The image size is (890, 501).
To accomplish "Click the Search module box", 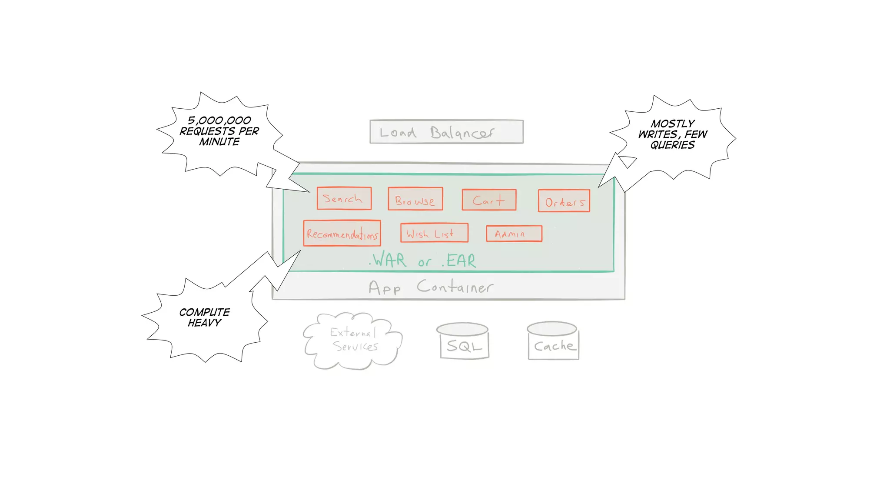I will [x=344, y=198].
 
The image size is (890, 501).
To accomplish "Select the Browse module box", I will [x=415, y=199].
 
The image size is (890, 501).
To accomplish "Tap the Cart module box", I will [x=489, y=200].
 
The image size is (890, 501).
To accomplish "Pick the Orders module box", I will [x=564, y=201].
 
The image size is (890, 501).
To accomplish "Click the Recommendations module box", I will [x=342, y=234].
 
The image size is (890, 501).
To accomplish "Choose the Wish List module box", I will [x=434, y=233].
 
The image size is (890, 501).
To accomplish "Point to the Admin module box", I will [x=514, y=234].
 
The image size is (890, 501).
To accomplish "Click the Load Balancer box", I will [x=446, y=131].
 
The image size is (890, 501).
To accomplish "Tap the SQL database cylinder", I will [x=464, y=342].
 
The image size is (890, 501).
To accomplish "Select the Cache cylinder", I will [x=553, y=342].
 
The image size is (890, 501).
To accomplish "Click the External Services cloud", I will [x=353, y=340].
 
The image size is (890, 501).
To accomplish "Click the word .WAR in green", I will [x=388, y=260].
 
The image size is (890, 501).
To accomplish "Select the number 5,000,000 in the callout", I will [x=219, y=120].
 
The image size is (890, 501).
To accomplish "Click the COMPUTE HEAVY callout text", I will [x=204, y=317].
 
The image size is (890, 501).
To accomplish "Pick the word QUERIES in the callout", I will [x=672, y=145].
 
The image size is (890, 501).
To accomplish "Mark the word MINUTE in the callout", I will [x=219, y=142].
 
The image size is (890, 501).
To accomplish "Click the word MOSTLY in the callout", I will [x=673, y=124].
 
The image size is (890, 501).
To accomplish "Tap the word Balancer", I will [x=462, y=132].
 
